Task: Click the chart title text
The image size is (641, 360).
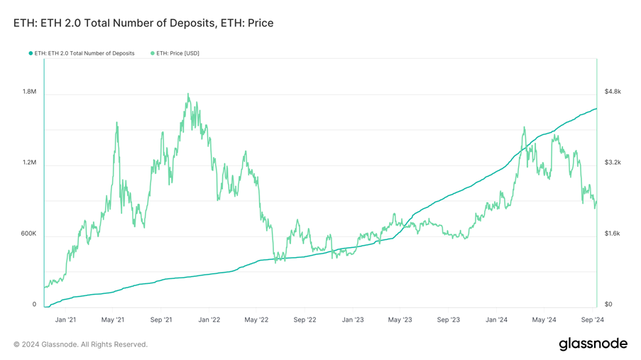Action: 143,23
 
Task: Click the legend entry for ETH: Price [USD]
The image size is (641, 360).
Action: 175,53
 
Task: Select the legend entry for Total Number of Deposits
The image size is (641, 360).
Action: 84,53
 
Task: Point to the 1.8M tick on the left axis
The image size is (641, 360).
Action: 29,92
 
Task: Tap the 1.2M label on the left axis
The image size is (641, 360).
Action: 29,163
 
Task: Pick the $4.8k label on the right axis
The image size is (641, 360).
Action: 613,92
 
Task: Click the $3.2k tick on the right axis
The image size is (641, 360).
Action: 613,163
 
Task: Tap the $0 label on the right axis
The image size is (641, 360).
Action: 608,305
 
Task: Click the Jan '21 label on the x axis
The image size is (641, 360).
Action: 65,320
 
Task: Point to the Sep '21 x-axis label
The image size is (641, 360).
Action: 161,320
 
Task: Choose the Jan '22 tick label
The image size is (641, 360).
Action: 209,320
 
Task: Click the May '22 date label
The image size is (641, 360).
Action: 256,320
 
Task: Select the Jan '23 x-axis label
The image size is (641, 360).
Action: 353,320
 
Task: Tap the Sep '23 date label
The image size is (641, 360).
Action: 448,320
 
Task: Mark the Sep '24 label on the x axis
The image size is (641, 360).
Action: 592,320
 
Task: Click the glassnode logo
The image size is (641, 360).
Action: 593,344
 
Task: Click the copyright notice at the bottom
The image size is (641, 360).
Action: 80,344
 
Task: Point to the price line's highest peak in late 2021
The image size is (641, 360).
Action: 188,94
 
